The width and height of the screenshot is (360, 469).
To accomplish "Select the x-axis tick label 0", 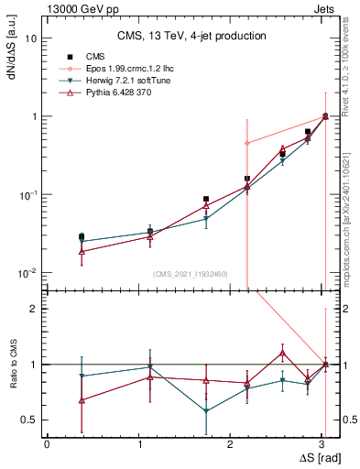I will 47,444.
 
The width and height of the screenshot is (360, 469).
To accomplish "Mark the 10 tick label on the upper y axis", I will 32,38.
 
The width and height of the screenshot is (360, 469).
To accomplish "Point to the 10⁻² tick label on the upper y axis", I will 28,273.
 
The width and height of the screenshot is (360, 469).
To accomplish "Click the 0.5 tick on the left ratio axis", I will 32,420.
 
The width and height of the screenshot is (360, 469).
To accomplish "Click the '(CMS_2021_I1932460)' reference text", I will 191,274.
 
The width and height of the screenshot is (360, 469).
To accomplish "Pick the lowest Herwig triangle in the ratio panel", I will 206,411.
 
